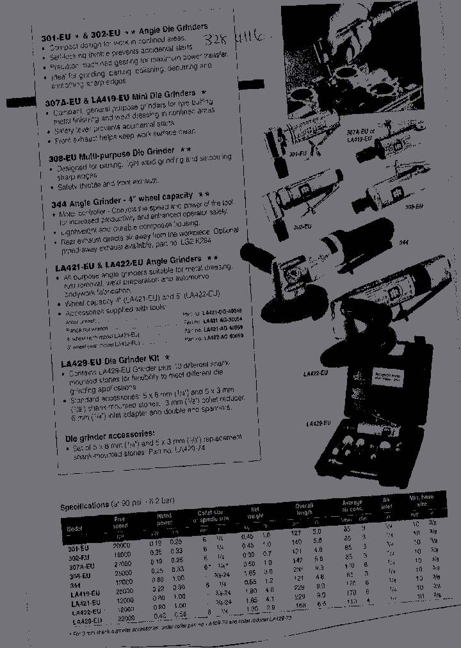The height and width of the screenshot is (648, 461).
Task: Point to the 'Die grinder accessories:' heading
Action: coord(109,435)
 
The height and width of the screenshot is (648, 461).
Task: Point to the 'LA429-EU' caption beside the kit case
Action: coord(318,423)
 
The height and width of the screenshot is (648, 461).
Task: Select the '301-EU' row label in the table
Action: coord(79,547)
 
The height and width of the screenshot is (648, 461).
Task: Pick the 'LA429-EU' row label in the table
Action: coord(88,621)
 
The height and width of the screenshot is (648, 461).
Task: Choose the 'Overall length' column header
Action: coord(305,509)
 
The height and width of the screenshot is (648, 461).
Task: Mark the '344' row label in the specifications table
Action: coord(75,584)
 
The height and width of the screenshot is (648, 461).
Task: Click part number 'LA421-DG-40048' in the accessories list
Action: coord(214,311)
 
